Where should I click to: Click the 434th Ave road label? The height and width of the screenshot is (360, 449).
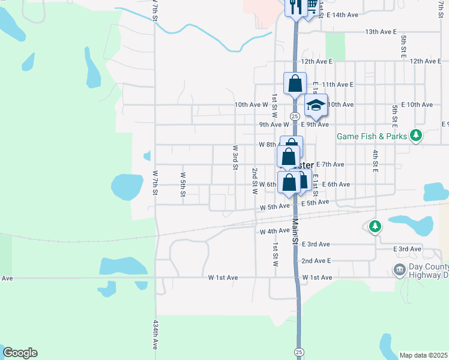pyautogui.click(x=155, y=335)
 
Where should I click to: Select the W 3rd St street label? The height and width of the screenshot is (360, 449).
pyautogui.click(x=235, y=157)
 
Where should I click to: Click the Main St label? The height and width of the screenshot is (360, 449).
pyautogui.click(x=295, y=230)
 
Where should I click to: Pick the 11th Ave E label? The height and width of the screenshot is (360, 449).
pyautogui.click(x=338, y=85)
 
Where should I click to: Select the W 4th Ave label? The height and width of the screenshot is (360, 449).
pyautogui.click(x=275, y=231)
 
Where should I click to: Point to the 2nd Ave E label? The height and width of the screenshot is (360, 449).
pyautogui.click(x=316, y=261)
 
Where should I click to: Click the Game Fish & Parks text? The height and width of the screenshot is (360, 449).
pyautogui.click(x=372, y=136)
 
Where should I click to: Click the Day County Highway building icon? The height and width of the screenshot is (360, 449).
pyautogui.click(x=399, y=271)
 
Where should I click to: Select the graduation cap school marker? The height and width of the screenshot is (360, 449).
pyautogui.click(x=316, y=106)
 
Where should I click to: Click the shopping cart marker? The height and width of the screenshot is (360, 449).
pyautogui.click(x=312, y=5)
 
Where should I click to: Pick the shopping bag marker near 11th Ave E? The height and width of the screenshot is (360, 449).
pyautogui.click(x=295, y=83)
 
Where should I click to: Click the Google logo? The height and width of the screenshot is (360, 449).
pyautogui.click(x=20, y=353)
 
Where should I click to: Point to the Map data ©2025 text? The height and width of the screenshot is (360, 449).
pyautogui.click(x=423, y=355)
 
